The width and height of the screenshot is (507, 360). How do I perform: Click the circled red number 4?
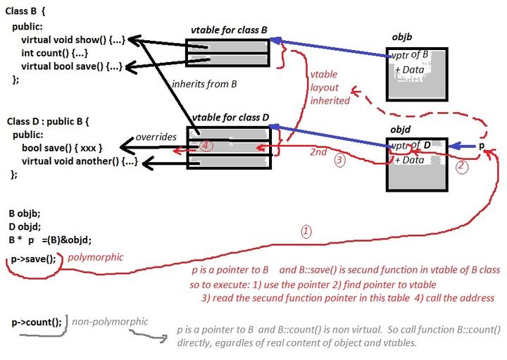(x=205, y=145)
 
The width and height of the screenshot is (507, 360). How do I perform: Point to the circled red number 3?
(x=339, y=160)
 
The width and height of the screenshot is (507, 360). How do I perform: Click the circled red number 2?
(x=461, y=167)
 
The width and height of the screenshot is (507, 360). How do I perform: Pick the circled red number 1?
(x=306, y=230)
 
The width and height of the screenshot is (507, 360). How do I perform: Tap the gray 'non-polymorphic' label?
(x=110, y=321)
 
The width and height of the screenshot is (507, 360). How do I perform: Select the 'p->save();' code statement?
(x=33, y=259)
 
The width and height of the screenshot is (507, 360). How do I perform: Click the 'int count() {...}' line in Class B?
(x=55, y=53)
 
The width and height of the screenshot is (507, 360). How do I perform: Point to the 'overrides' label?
(x=155, y=137)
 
